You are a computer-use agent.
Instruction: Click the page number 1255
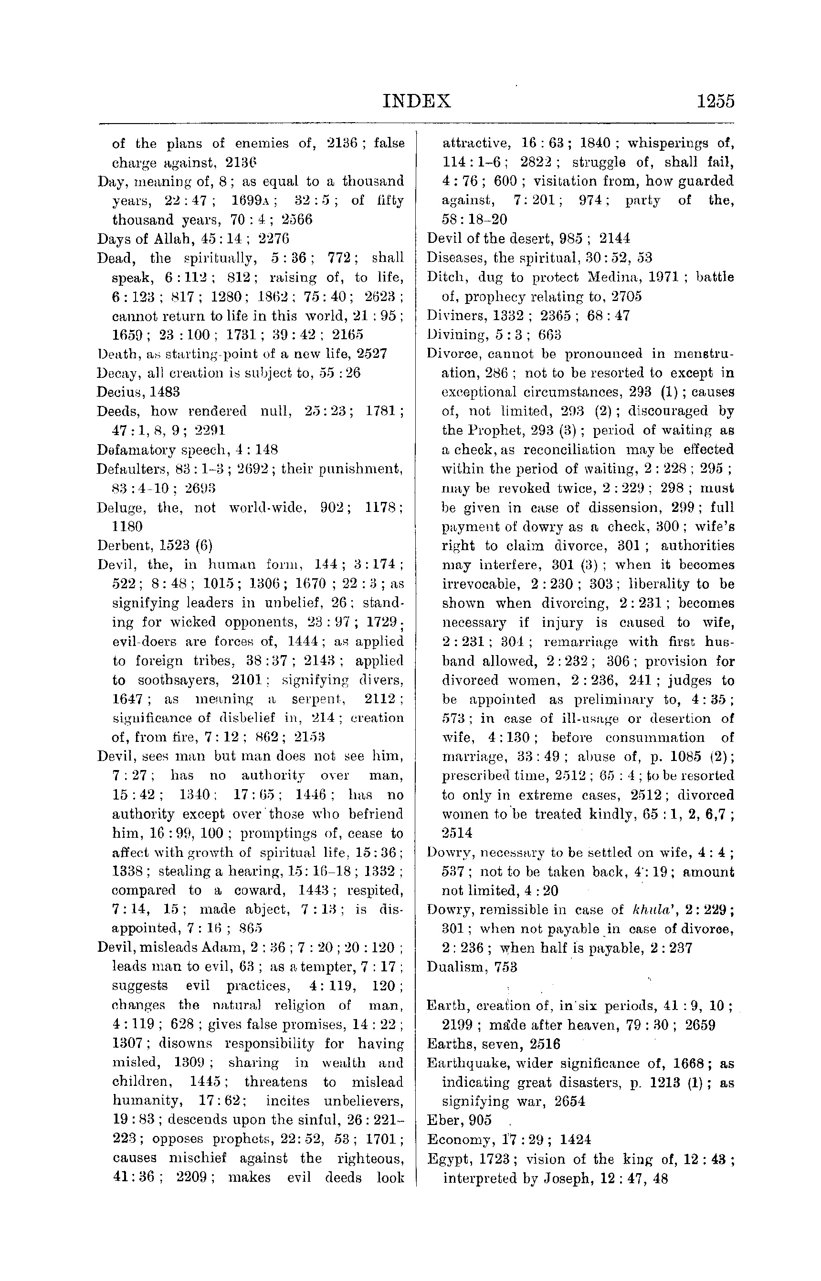click(715, 101)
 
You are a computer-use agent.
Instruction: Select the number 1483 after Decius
click(164, 392)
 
